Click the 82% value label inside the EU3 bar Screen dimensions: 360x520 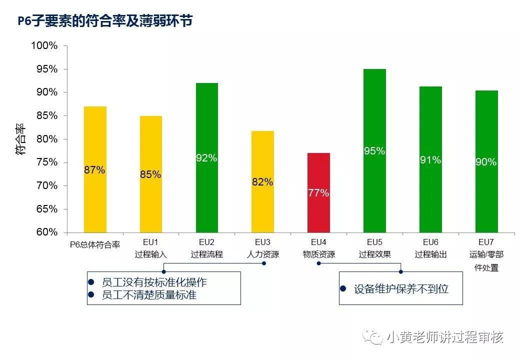(x=262, y=182)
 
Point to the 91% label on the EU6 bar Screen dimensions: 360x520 (x=430, y=160)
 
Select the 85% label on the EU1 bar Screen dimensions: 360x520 (x=150, y=174)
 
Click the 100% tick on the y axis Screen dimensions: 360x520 (x=44, y=46)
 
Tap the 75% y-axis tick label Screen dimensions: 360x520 (x=47, y=162)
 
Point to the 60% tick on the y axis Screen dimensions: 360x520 (x=47, y=232)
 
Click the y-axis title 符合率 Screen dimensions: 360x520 (x=20, y=139)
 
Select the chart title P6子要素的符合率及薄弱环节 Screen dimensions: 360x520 (x=104, y=21)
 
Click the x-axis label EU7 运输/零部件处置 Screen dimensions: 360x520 (x=486, y=254)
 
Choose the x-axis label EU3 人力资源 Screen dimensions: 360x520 (x=262, y=248)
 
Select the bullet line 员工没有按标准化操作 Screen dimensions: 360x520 (x=154, y=282)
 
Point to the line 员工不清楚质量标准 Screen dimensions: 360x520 (x=149, y=295)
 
